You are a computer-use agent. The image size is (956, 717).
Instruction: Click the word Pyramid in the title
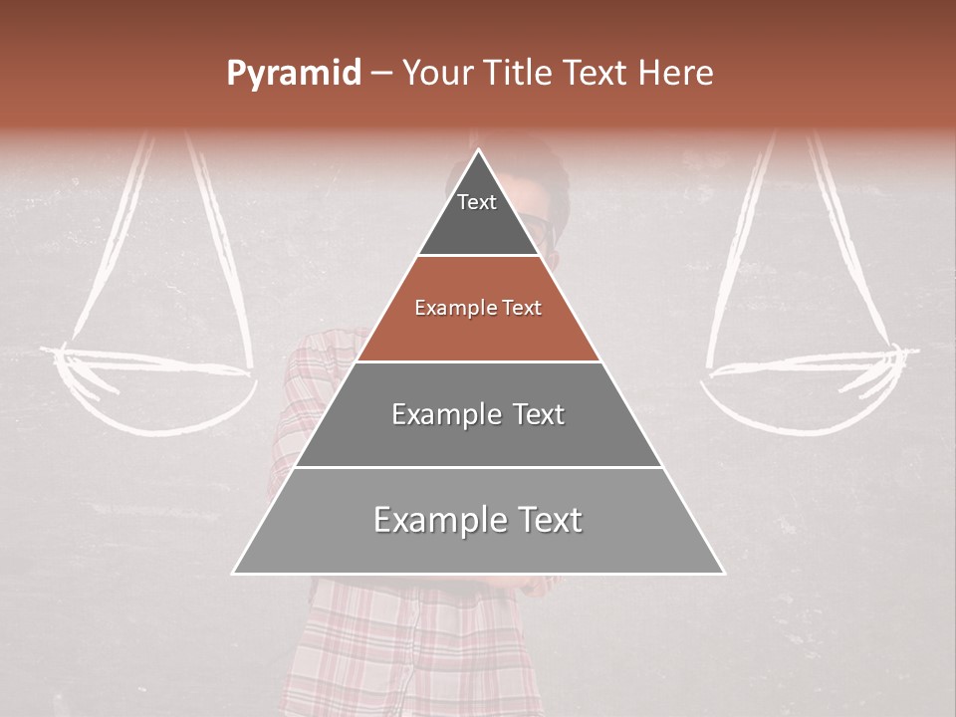293,74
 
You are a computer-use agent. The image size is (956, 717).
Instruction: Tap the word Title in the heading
516,74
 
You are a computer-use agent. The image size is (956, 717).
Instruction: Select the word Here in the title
676,74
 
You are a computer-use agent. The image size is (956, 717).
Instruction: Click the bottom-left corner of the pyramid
235,573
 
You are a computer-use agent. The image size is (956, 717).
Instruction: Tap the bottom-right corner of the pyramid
722,573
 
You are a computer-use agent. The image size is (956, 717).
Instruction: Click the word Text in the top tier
477,202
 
